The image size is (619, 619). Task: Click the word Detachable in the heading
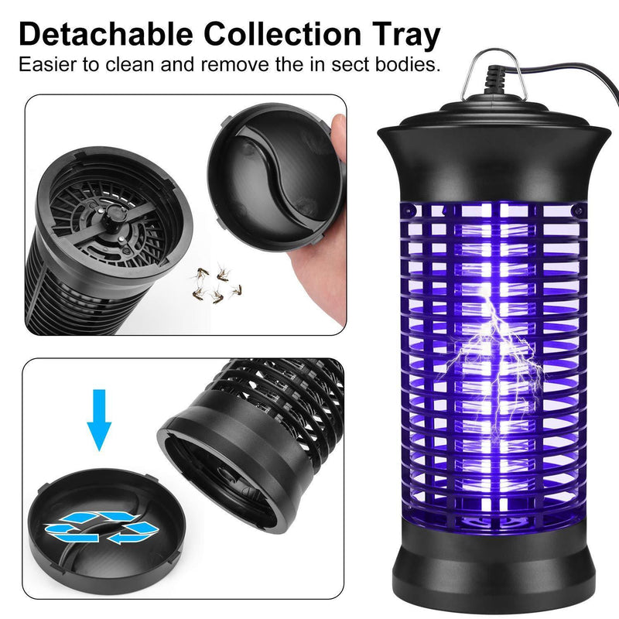click(106, 34)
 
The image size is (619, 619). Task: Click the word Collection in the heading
click(282, 34)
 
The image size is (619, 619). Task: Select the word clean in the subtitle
click(129, 64)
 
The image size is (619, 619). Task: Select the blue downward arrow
click(99, 420)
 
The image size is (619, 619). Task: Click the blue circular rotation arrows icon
click(102, 527)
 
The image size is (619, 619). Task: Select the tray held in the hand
click(275, 177)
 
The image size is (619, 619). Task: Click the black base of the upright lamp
click(494, 569)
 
